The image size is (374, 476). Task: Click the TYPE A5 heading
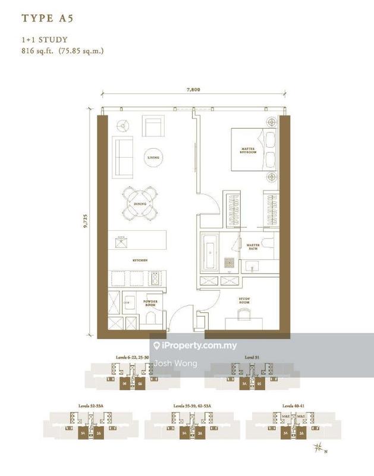47,18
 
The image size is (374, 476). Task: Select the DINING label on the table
140,204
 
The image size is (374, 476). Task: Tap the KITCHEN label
140,261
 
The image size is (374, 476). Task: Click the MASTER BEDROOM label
248,150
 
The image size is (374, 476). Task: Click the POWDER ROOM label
150,303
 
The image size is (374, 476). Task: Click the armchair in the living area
153,126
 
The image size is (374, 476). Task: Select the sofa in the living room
124,156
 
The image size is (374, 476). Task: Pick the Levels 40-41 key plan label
293,405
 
